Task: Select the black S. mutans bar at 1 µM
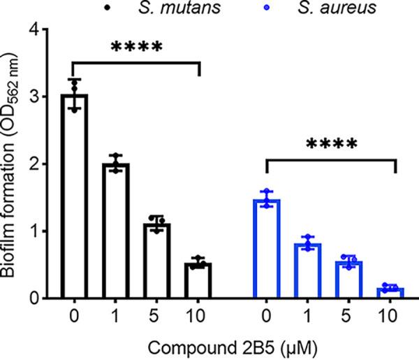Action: pos(115,231)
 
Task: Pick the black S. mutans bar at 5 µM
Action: pos(158,261)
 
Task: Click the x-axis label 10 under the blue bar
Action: pos(392,317)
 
